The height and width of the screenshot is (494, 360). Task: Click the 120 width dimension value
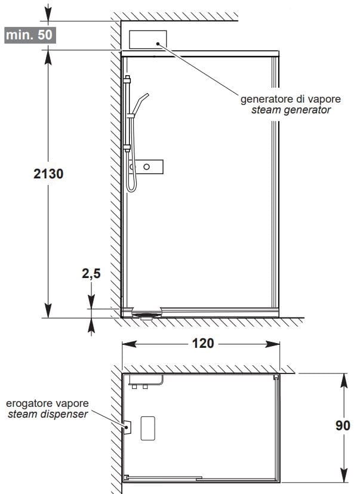tap(201, 344)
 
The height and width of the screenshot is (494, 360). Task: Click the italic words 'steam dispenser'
tap(48, 414)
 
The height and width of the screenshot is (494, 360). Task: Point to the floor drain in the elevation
tap(147, 314)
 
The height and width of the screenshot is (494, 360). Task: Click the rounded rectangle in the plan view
tap(148, 427)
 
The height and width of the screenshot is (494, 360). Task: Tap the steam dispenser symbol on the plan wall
tap(126, 426)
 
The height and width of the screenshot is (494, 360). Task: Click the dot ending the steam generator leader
tap(158, 43)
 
